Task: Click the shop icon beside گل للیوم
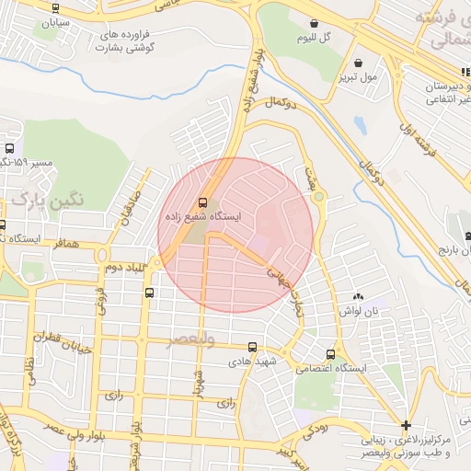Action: pos(316,24)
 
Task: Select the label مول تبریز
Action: pos(356,77)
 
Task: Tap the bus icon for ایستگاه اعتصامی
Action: pos(330,354)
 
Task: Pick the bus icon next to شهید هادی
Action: pos(252,347)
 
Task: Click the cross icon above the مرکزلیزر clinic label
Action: pos(407,425)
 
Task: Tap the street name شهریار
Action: pos(197,379)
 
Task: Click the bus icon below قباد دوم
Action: pos(149,292)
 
